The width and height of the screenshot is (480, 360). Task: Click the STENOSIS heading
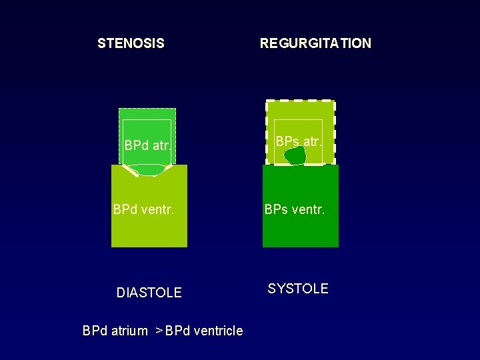tap(131, 44)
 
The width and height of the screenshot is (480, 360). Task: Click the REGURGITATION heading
tap(315, 44)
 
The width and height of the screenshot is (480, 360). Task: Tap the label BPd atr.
tap(148, 146)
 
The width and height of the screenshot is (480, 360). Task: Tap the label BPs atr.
tap(298, 141)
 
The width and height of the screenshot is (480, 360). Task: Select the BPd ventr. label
tap(143, 210)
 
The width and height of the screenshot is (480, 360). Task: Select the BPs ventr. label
tap(295, 210)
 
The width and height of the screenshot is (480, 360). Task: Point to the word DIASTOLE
tap(149, 293)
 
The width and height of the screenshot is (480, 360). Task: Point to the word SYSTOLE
tap(298, 289)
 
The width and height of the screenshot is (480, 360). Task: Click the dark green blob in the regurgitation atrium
tap(295, 155)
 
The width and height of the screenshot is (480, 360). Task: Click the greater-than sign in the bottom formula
tap(159, 330)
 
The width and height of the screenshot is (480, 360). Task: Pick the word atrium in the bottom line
tap(129, 331)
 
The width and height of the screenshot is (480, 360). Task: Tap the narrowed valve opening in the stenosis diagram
tap(149, 171)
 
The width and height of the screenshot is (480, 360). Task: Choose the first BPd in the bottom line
tap(95, 331)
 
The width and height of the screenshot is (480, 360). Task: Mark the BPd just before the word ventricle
tap(178, 331)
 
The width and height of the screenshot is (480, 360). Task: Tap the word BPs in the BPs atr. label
tap(287, 141)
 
